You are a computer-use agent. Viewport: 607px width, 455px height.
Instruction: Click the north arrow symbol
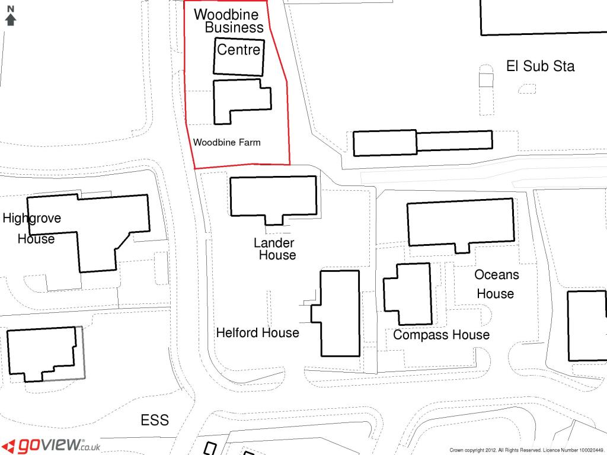11,16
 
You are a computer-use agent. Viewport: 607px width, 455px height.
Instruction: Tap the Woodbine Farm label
227,142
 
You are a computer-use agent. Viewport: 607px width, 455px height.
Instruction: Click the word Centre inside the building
238,50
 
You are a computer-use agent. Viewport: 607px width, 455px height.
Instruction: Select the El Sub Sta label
540,66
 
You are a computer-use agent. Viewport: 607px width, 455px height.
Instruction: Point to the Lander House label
274,249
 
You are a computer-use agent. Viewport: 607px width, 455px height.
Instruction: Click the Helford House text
257,333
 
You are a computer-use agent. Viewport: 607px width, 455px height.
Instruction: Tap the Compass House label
441,335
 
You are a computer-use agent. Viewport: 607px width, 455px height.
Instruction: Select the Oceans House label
496,284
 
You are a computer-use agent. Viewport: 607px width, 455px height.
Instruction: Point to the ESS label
155,420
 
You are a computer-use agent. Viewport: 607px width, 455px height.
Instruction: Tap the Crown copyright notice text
526,450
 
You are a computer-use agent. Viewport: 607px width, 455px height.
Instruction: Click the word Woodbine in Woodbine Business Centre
226,14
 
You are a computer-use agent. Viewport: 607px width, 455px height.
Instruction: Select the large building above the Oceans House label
461,201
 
